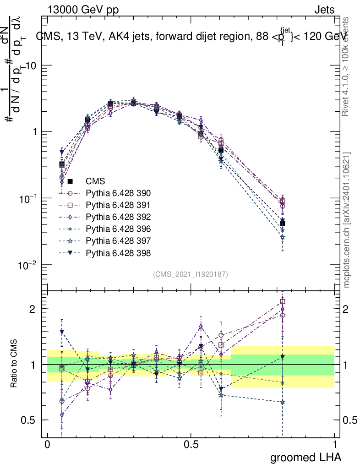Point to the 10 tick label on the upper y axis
32,65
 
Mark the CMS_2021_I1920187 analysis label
191,274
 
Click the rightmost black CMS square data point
283,224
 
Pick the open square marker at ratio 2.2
283,301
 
